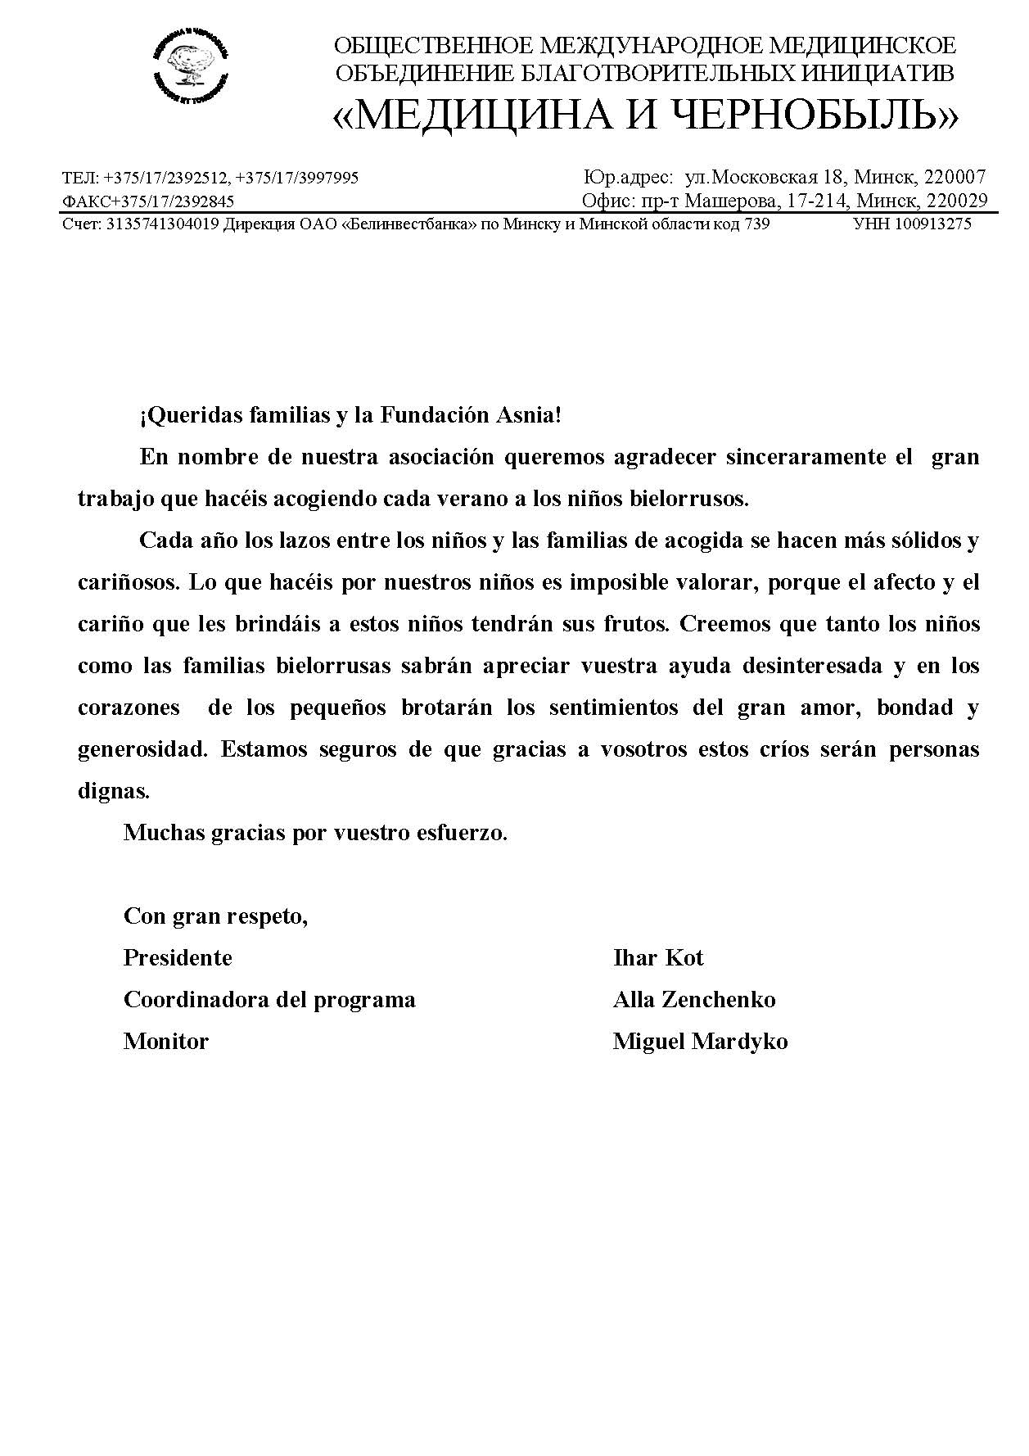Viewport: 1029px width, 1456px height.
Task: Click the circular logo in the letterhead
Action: coord(190,63)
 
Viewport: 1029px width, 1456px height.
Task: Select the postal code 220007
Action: coord(955,177)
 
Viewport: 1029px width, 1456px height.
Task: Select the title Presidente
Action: coord(178,958)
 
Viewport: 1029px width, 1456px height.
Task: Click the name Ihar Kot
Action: coord(658,958)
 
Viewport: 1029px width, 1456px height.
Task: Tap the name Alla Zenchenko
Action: coord(694,1000)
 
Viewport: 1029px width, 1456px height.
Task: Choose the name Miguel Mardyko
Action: coord(700,1042)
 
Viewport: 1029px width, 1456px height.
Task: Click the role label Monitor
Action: coord(166,1042)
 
